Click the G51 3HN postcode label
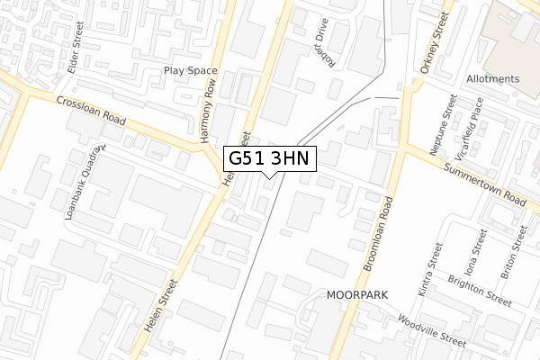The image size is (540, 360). pyautogui.click(x=268, y=158)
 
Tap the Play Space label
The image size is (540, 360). pyautogui.click(x=191, y=70)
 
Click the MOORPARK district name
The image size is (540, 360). pyautogui.click(x=355, y=295)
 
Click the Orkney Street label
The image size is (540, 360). pyautogui.click(x=433, y=43)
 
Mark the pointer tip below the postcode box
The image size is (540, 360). pyautogui.click(x=268, y=177)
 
